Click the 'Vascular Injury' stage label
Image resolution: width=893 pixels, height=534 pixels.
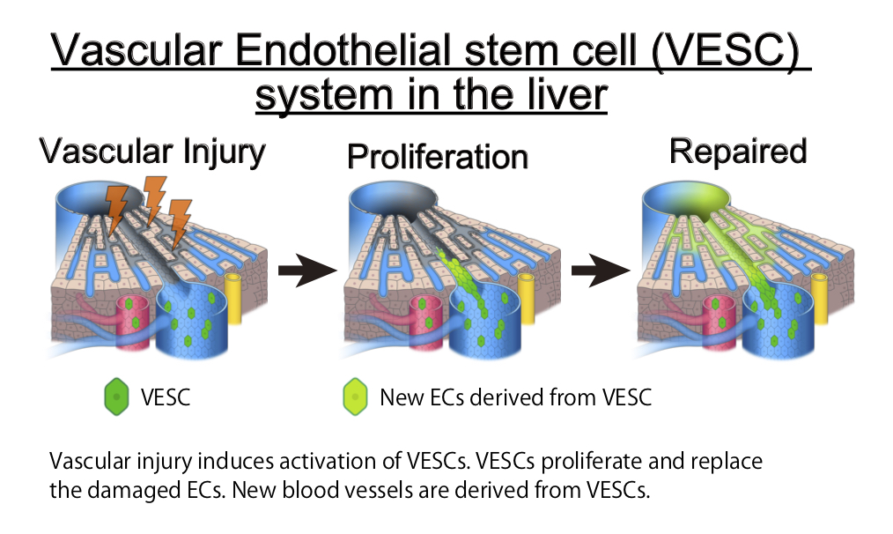pyautogui.click(x=151, y=153)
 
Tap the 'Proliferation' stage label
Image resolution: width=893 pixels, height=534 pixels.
pyautogui.click(x=438, y=157)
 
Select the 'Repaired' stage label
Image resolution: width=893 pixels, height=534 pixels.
pyautogui.click(x=738, y=152)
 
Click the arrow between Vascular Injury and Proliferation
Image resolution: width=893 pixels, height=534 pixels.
pyautogui.click(x=307, y=271)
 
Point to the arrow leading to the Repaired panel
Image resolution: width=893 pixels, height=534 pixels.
pyautogui.click(x=601, y=271)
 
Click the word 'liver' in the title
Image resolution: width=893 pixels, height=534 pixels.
pyautogui.click(x=565, y=95)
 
